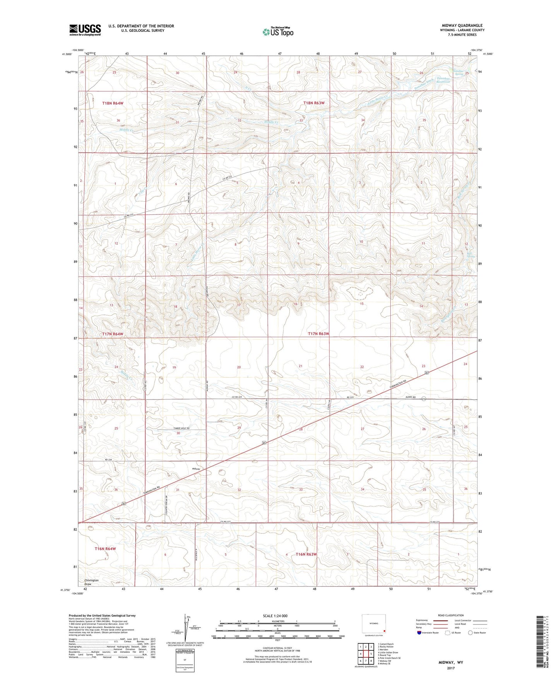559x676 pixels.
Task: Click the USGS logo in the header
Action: pos(85,30)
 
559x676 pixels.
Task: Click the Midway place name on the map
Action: pos(196,469)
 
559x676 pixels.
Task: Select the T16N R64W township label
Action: pos(105,549)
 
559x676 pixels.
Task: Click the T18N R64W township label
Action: pos(113,103)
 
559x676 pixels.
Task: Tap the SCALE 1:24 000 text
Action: pos(275,616)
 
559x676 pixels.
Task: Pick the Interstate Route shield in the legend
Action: pos(420,633)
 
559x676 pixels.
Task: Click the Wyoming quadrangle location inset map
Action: pos(373,624)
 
